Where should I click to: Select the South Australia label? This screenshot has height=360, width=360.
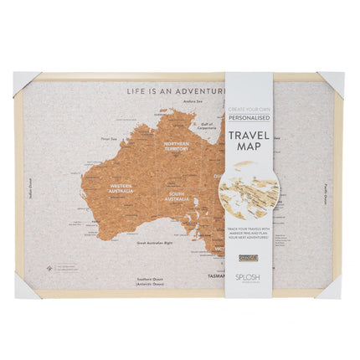tap(177, 198)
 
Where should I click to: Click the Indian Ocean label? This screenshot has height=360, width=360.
tap(31, 192)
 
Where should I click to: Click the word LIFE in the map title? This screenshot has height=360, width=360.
tap(136, 90)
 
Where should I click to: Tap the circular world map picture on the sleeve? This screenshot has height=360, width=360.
tap(250, 192)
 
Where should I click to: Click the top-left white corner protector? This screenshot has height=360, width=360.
tap(24, 81)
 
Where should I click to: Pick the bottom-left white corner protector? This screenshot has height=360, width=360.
tap(25, 287)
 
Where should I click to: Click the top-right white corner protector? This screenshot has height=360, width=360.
tap(333, 82)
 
